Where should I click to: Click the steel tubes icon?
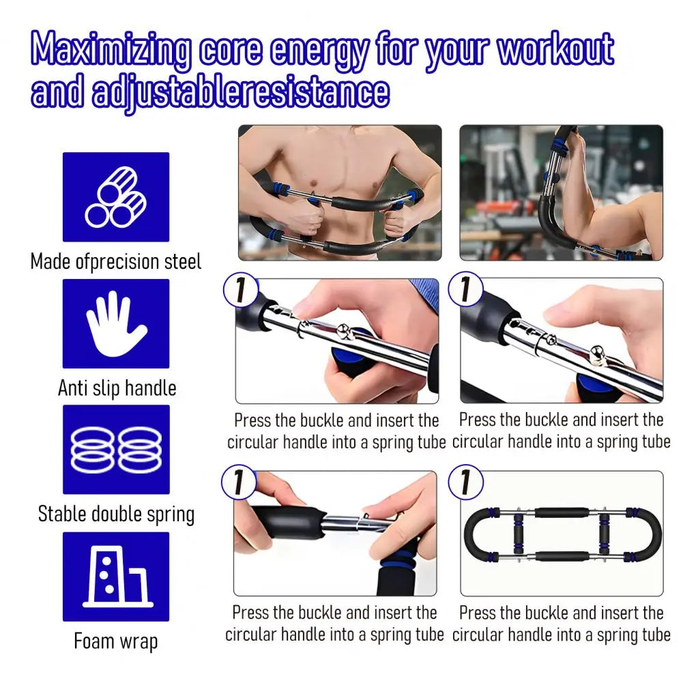click(116, 197)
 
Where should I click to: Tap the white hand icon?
click(116, 323)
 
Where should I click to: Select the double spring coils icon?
click(116, 450)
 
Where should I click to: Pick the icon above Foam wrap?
click(116, 577)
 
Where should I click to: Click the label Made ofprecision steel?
click(116, 261)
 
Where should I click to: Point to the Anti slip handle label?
click(117, 388)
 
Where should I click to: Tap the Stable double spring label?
click(116, 514)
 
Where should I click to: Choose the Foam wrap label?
click(116, 641)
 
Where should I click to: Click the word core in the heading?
click(229, 49)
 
